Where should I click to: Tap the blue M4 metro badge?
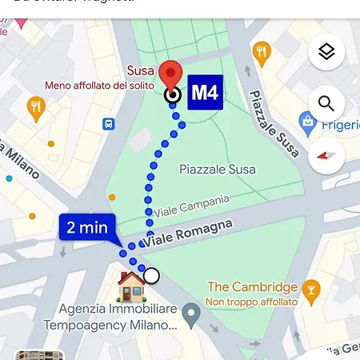coord(204,94)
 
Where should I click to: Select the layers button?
coord(326,53)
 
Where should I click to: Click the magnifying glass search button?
coord(326,103)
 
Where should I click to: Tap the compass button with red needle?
coord(326,154)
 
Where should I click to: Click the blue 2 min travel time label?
coord(87,228)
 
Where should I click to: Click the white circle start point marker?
coord(151,276)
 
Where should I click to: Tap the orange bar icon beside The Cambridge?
coord(313,288)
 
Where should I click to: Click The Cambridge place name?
coord(252,287)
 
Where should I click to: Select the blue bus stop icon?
coord(108,124)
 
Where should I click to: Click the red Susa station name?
coord(142,70)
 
